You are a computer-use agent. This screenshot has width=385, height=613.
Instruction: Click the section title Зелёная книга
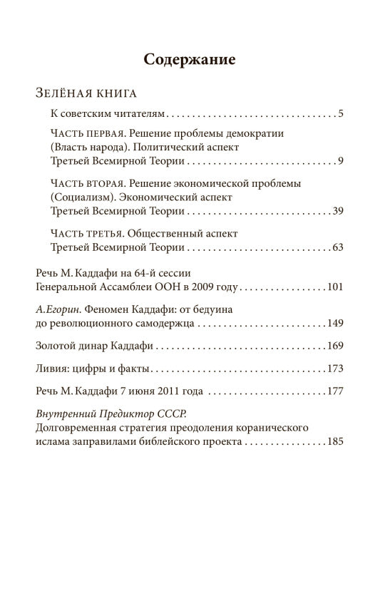click(x=86, y=94)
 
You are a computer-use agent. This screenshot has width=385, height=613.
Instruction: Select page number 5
click(x=342, y=113)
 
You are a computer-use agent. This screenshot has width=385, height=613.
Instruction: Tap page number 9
click(x=342, y=160)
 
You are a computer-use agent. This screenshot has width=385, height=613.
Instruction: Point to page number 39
click(x=339, y=211)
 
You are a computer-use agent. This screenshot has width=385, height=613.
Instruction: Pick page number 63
click(x=338, y=247)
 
